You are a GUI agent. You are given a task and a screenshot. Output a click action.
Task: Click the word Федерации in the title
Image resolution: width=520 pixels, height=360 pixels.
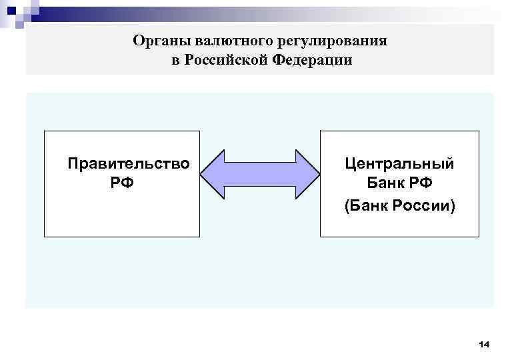point(311,61)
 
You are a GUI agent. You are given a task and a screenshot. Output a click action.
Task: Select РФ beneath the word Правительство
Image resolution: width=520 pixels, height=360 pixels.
point(123,182)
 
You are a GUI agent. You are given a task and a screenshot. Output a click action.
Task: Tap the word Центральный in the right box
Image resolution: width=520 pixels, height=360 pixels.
point(399,163)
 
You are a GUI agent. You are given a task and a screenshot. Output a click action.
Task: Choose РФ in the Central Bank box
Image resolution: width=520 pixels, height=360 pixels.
point(421,183)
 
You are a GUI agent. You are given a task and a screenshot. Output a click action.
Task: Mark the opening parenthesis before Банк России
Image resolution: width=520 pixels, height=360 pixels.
point(347,207)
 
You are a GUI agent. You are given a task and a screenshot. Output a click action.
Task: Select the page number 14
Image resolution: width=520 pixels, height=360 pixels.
point(484,344)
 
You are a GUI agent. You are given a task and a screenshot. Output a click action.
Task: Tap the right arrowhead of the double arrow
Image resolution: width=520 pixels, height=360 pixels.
point(307,175)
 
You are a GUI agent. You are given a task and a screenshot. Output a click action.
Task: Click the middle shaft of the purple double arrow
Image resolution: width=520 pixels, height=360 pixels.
point(261,175)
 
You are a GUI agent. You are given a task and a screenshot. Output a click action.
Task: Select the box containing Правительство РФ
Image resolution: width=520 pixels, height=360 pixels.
point(122,213)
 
